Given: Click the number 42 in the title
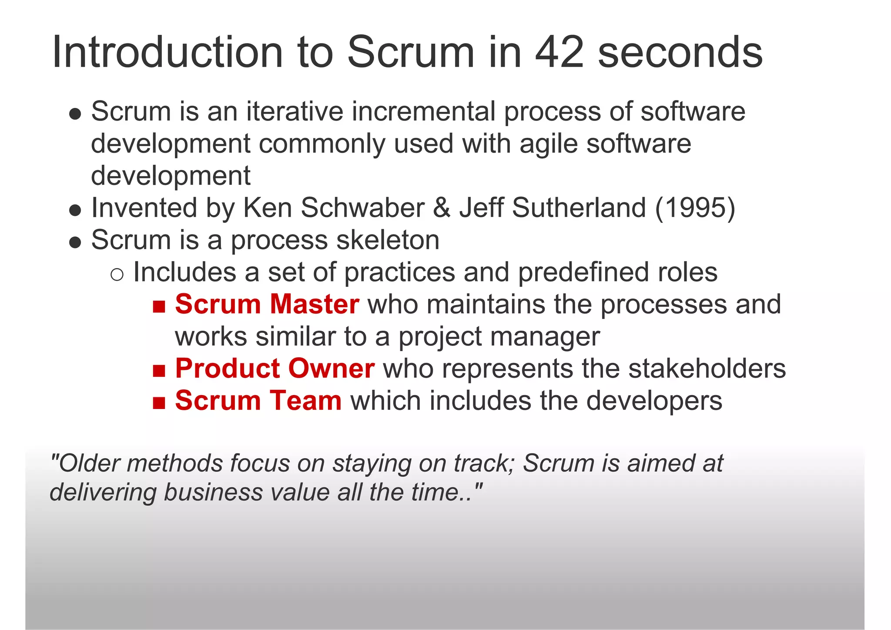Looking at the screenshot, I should (559, 53).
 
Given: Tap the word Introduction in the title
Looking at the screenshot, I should (167, 53).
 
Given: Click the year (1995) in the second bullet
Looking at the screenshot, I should (695, 208).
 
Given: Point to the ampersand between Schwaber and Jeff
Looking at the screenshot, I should (442, 208).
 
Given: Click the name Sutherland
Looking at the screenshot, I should (579, 208).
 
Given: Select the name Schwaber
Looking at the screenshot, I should (362, 208).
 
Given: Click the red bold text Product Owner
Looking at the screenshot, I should (275, 368).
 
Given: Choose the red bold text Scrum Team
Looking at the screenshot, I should (258, 400).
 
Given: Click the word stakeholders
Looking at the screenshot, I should (707, 368).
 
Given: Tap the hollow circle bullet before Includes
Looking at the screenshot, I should (117, 275).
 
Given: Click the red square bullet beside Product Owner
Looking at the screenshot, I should (159, 371).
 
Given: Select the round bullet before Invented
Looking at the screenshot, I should (75, 211).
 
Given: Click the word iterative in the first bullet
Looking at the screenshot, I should (295, 111).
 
